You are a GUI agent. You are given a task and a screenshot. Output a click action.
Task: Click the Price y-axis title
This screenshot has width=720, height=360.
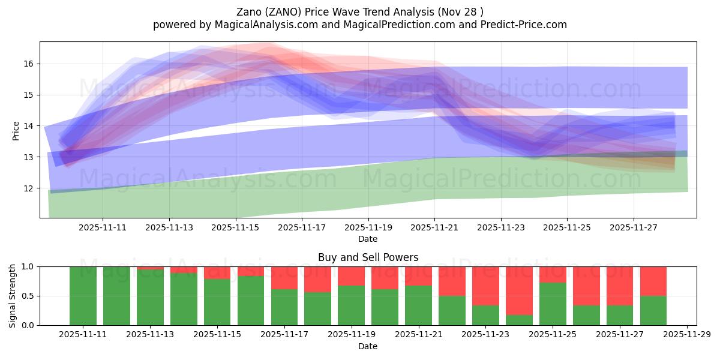[x=16, y=130]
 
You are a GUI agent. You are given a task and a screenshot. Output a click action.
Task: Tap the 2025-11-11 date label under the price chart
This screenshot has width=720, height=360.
[x=103, y=227]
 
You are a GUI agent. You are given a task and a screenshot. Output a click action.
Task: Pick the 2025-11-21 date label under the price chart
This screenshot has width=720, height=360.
[x=434, y=227]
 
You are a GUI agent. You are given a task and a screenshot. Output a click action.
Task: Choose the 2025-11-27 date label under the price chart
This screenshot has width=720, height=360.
[x=634, y=227]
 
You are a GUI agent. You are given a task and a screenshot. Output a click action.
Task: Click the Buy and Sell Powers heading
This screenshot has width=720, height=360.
[x=368, y=257]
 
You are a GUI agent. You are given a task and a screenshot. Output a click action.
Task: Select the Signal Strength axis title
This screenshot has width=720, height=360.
[x=13, y=296]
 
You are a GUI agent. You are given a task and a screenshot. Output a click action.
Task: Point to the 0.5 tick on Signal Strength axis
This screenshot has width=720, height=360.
[x=28, y=296]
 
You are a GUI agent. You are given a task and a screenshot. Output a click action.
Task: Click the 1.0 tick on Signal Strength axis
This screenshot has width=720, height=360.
[x=28, y=266]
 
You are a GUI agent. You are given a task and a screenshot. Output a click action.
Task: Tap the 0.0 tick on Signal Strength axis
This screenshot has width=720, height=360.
[x=28, y=325]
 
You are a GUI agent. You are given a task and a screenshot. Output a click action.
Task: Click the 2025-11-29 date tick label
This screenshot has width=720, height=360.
[x=686, y=335]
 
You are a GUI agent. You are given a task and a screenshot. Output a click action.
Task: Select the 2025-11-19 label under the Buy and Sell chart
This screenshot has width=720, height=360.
[x=351, y=335]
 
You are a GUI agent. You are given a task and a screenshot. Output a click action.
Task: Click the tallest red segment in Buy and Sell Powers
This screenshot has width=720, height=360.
[x=519, y=290]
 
